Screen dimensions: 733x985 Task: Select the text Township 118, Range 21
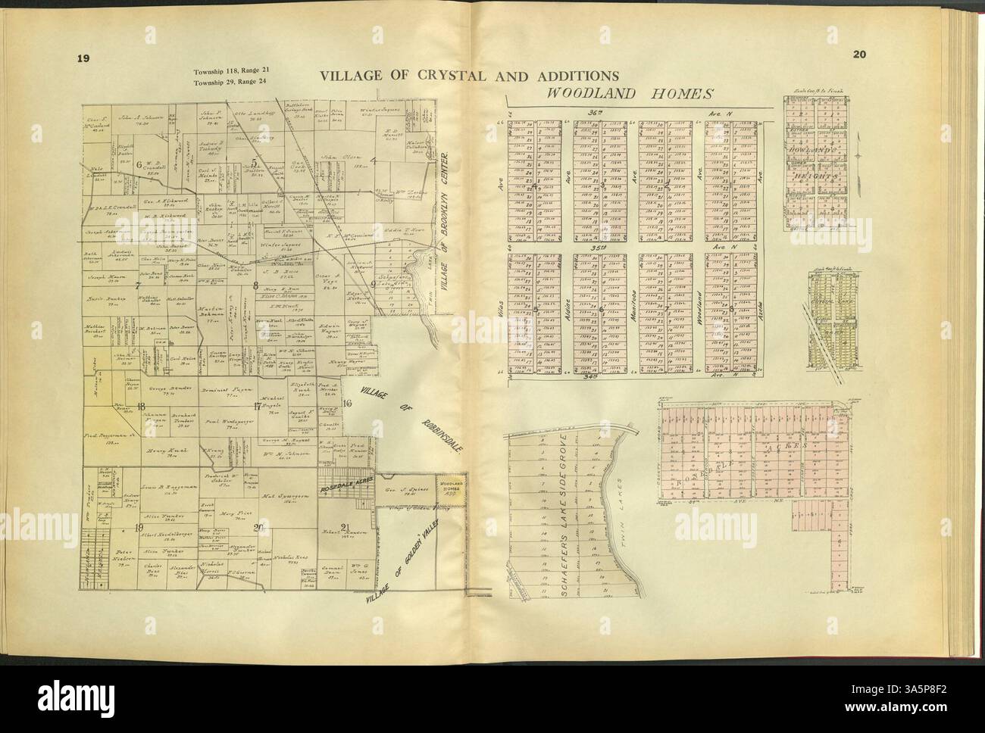(x=227, y=71)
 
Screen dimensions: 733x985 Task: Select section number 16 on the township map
(x=347, y=403)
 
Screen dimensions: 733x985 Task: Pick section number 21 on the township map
(x=346, y=527)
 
